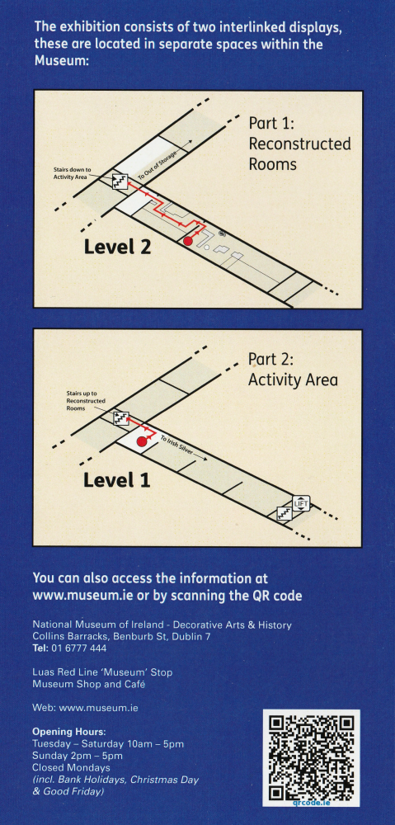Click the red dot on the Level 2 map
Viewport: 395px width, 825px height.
pyautogui.click(x=188, y=241)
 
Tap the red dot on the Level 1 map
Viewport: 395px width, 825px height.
pyautogui.click(x=142, y=442)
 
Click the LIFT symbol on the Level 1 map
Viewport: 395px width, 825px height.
pyautogui.click(x=302, y=503)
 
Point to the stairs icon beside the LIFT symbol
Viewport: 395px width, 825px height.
pyautogui.click(x=284, y=514)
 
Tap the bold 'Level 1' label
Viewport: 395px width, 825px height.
pyautogui.click(x=117, y=478)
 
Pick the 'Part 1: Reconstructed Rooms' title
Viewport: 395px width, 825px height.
pyautogui.click(x=299, y=144)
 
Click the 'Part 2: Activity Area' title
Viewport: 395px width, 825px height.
pyautogui.click(x=293, y=370)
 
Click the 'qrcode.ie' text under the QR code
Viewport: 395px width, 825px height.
pyautogui.click(x=311, y=801)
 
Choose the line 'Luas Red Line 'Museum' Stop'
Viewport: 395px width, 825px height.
pyautogui.click(x=102, y=672)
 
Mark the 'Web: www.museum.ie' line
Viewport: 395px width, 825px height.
pyautogui.click(x=85, y=708)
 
